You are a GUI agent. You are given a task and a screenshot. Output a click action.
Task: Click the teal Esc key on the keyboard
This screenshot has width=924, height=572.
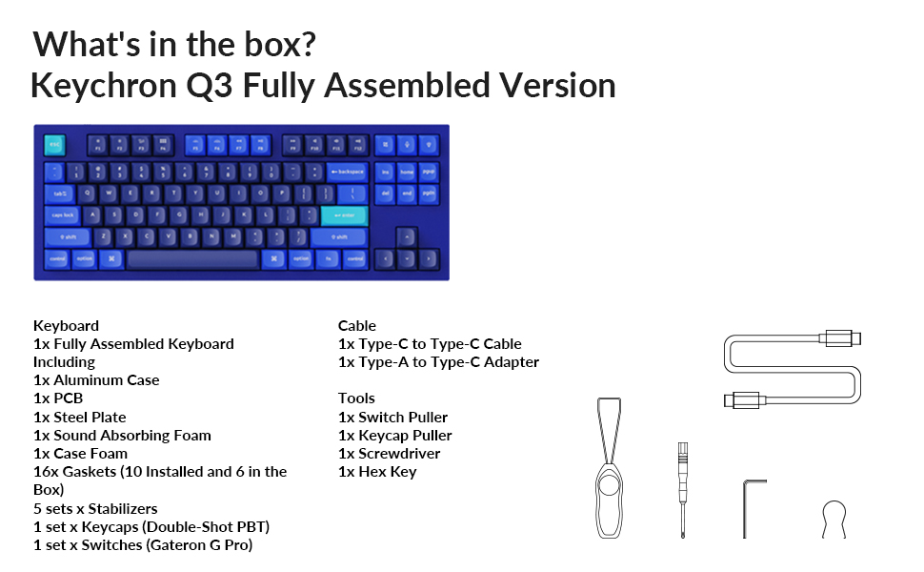click(54, 146)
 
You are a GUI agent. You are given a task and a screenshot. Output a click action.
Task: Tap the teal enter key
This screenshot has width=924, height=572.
click(343, 215)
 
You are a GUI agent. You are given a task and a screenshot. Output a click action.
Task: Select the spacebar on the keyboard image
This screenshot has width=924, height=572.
click(192, 258)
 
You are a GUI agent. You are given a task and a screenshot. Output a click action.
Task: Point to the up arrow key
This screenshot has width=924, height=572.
click(406, 235)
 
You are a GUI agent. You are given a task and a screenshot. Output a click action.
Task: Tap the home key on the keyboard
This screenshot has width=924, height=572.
click(407, 172)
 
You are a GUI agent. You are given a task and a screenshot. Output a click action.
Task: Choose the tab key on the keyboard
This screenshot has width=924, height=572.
click(60, 194)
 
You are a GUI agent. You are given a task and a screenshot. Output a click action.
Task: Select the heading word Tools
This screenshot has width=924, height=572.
click(356, 398)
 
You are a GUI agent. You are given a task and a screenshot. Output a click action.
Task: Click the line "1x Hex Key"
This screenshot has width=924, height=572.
click(377, 471)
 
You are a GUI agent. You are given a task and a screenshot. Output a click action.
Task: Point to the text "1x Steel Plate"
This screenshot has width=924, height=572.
click(80, 417)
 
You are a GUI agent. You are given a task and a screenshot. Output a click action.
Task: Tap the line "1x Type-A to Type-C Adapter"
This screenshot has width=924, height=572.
click(438, 362)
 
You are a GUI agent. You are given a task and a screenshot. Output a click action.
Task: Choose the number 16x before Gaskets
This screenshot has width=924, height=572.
click(46, 471)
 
